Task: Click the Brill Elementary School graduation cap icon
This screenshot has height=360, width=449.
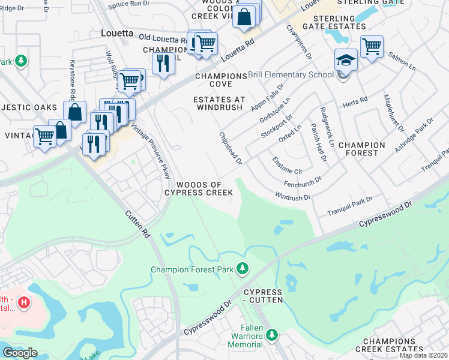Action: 346,60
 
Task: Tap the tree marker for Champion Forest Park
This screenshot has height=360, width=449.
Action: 243,268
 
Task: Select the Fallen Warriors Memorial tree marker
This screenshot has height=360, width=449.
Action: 271,334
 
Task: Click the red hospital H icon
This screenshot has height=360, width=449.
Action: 23,302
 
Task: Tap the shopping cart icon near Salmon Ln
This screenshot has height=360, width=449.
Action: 372,46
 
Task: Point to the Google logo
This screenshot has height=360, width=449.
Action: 20,353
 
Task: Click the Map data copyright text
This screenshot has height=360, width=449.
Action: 424,355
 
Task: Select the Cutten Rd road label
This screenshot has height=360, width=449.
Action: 137,224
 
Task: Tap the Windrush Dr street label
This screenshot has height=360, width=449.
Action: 292,196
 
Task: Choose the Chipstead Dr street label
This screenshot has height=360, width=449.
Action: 231,149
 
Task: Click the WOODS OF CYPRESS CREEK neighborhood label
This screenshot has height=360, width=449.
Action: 199,188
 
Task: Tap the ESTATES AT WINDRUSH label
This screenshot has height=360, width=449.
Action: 218,103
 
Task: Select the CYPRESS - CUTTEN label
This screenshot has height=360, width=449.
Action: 263,295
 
